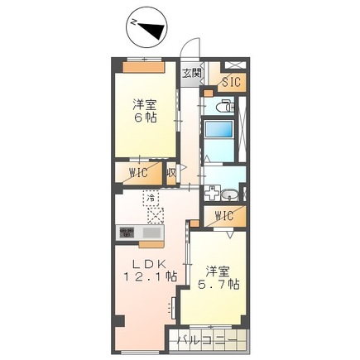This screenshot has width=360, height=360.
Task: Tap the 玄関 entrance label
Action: coord(190,73)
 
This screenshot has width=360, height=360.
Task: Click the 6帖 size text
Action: coord(146,118)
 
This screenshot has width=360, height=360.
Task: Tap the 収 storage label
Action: coord(171,174)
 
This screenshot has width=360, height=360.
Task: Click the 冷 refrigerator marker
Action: coord(150,199)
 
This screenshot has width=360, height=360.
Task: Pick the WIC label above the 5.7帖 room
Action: coord(224,216)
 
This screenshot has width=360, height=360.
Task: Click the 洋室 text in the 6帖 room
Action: coord(146,104)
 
